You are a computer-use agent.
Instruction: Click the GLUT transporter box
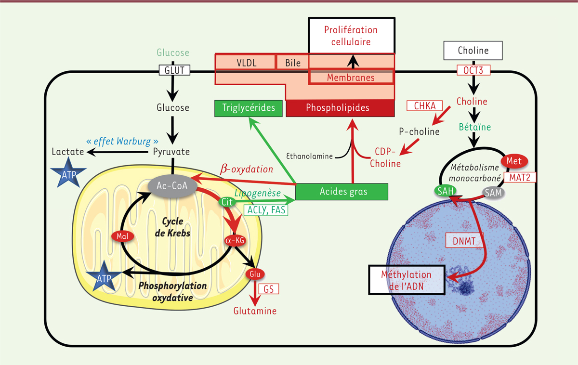174,70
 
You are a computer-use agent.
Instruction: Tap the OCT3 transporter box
473,70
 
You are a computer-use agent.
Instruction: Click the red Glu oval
255,274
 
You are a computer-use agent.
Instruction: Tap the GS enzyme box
269,289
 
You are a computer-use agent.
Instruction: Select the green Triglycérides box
248,108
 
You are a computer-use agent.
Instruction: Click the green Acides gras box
341,192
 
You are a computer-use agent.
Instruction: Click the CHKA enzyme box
421,105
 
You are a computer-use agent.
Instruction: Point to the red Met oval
514,160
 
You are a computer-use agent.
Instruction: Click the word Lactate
67,152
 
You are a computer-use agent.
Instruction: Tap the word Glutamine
255,311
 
